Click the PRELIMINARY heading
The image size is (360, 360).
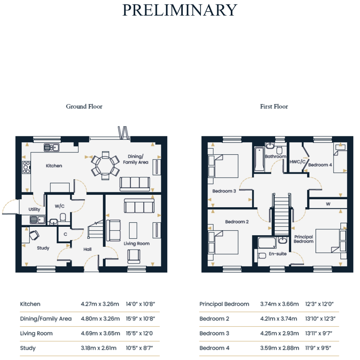180,10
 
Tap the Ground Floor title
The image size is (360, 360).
84,106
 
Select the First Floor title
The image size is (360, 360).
274,106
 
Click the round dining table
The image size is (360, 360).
105,164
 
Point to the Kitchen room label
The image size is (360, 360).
54,166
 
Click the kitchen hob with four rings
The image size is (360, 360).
26,167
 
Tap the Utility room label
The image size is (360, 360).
34,209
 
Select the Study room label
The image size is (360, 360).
43,248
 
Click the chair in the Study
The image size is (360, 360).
34,235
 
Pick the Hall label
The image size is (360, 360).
88,249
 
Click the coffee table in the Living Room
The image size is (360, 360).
133,230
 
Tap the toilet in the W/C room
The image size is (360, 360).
63,218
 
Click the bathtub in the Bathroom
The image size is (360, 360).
260,159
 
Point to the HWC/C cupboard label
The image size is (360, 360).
298,162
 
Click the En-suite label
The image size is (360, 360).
278,254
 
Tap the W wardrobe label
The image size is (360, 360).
328,204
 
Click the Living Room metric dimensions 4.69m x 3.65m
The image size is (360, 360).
100,333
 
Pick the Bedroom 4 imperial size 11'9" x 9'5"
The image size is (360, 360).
318,348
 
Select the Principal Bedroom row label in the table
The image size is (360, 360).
224,304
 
